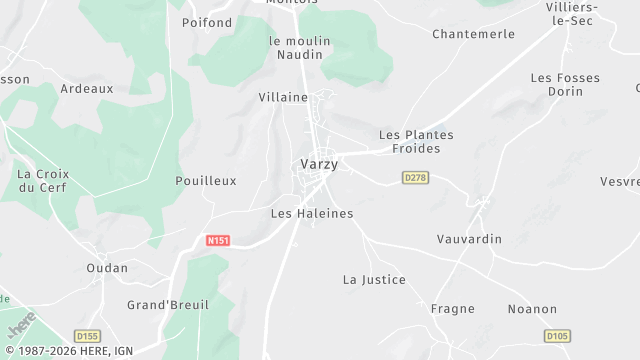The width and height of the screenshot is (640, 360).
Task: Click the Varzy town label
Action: tap(319, 164)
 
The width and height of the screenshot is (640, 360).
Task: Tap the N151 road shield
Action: tap(217, 241)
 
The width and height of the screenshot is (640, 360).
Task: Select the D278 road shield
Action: tap(415, 177)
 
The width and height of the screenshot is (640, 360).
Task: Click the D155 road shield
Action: tap(87, 336)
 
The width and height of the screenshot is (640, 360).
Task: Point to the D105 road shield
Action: tap(557, 336)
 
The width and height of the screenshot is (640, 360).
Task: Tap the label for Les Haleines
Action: tap(312, 213)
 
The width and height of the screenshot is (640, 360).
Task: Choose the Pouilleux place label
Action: tap(205, 181)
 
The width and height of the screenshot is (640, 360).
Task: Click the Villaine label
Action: tap(283, 97)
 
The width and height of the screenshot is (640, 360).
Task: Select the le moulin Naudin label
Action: tap(300, 48)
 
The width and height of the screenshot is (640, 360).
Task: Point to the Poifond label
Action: tap(207, 22)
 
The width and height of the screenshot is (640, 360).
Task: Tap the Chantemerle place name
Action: tap(474, 34)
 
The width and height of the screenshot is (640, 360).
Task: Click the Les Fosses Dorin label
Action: tap(557, 84)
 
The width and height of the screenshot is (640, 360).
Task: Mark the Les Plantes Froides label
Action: tap(416, 141)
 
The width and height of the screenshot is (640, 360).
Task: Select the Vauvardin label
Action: tap(469, 239)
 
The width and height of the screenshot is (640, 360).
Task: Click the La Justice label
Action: tap(374, 279)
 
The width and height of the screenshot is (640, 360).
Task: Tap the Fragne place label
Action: tap(452, 309)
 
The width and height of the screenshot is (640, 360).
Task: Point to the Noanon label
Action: tap(532, 309)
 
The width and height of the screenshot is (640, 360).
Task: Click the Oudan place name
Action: tap(107, 267)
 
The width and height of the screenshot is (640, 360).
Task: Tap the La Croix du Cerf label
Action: tap(43, 180)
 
